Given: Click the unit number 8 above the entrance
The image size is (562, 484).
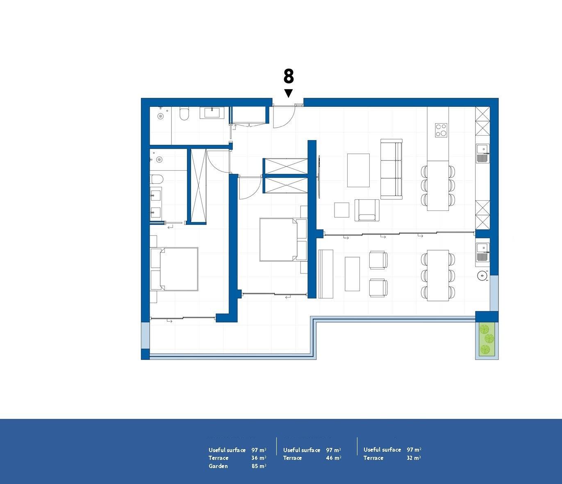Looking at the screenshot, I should (289, 77).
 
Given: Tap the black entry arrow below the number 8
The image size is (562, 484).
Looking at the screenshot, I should (289, 93).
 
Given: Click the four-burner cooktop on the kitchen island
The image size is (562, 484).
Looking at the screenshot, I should (441, 130).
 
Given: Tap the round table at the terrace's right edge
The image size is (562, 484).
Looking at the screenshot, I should (482, 276).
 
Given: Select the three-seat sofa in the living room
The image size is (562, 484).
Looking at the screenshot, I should (391, 169).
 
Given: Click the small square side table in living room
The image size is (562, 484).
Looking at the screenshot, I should (341, 210).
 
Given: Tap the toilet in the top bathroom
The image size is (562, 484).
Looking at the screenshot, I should (184, 114).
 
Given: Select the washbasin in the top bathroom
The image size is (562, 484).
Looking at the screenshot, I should (212, 112).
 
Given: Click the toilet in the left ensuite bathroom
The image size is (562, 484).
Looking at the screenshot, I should (157, 179).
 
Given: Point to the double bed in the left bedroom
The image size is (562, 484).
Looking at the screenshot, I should (175, 269).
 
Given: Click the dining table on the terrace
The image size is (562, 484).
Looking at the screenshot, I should (438, 275).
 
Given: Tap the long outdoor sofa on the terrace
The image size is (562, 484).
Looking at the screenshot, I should (326, 274).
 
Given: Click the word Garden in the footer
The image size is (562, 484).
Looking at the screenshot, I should (218, 466).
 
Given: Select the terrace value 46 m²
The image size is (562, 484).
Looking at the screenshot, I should (333, 458).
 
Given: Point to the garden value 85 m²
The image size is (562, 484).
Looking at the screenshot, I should (259, 466).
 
